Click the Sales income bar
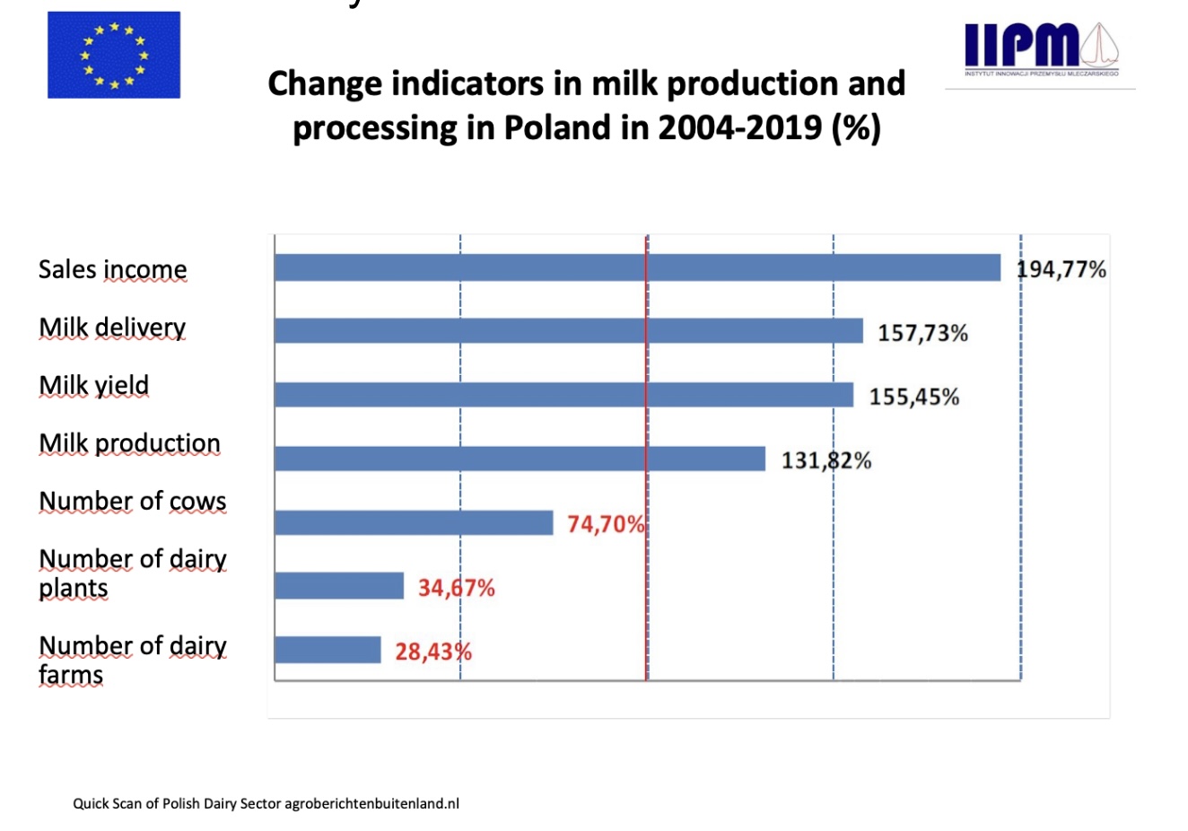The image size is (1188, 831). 637,267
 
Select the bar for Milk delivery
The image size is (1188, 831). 568,330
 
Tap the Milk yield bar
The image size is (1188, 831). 563,395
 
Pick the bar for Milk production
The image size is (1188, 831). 520,459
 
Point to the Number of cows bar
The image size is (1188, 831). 414,522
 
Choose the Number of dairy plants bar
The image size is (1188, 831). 339,586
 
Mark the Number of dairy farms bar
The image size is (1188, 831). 328,650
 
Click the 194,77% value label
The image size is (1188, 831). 1061,269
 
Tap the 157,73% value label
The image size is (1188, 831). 922,334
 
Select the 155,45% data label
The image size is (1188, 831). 913,397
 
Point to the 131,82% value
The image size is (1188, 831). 826,460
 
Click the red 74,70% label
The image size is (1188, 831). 606,524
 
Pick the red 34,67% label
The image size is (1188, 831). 456,588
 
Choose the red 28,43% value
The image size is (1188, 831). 433,652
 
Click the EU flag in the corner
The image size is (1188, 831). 114,55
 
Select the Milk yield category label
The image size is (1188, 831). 94,385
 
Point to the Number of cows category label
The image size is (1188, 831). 133,501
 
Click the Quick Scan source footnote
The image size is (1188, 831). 266,803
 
